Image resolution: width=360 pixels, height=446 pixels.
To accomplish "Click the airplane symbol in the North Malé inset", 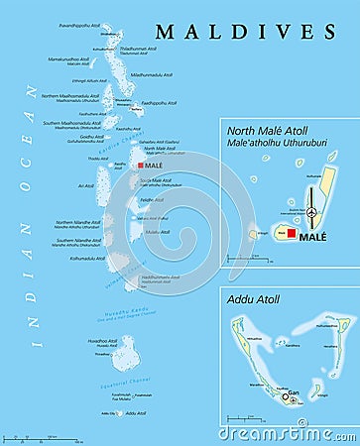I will [x=312, y=212].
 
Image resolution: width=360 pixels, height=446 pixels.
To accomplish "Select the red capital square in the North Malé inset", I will [x=293, y=233].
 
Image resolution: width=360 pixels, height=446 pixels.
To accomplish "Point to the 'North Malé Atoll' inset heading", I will [x=267, y=129].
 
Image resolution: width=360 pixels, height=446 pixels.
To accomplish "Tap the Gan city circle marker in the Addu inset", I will [x=286, y=395].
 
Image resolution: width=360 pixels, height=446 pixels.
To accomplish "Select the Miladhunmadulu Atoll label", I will [x=152, y=73].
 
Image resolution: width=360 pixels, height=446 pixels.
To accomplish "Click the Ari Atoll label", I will [x=85, y=185].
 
